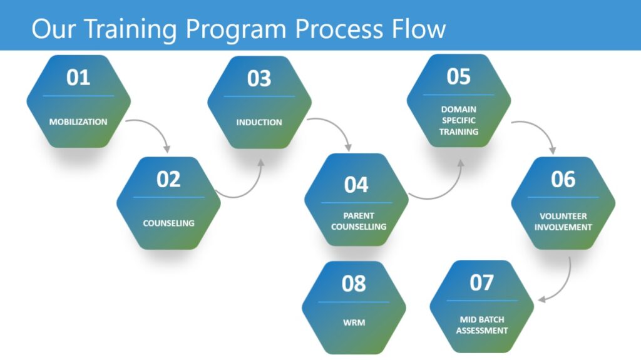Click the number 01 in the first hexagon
78,77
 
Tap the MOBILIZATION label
78,122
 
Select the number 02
168,179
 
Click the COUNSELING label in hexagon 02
168,224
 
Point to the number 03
259,78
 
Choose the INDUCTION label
259,122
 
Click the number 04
356,185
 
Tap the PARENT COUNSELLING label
359,221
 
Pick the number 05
458,76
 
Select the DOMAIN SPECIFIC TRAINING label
459,121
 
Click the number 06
563,179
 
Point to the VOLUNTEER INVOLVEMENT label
563,222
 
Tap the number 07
481,283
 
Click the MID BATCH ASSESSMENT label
482,325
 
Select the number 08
354,284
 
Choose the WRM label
354,322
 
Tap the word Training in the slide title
132,29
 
